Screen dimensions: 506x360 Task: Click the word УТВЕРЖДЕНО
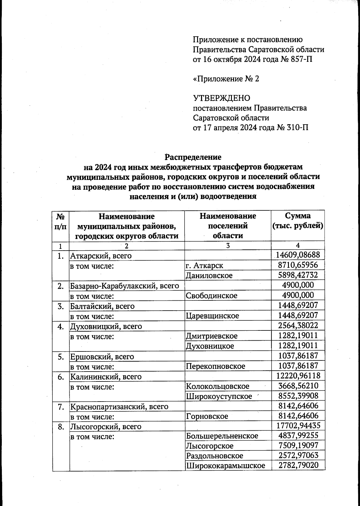(x=221, y=98)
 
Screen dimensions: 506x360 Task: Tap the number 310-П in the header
(x=297, y=128)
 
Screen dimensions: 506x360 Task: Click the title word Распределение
(x=193, y=157)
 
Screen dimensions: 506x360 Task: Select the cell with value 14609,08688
(x=298, y=255)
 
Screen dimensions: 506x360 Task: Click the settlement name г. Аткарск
(x=205, y=265)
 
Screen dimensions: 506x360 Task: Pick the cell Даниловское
(x=209, y=275)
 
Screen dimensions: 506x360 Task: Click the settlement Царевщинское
(x=212, y=316)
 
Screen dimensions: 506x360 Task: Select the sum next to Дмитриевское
(x=298, y=336)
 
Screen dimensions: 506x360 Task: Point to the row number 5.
(x=61, y=357)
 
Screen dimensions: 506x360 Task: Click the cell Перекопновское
(x=215, y=366)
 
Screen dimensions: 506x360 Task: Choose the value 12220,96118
(x=298, y=376)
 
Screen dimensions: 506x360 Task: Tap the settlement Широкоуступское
(x=219, y=396)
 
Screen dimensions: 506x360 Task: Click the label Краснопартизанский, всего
(x=119, y=407)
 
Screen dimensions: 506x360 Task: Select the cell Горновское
(x=207, y=416)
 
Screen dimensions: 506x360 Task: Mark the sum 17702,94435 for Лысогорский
(x=298, y=426)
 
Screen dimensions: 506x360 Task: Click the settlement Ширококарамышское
(x=226, y=466)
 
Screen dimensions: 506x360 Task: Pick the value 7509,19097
(x=298, y=446)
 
